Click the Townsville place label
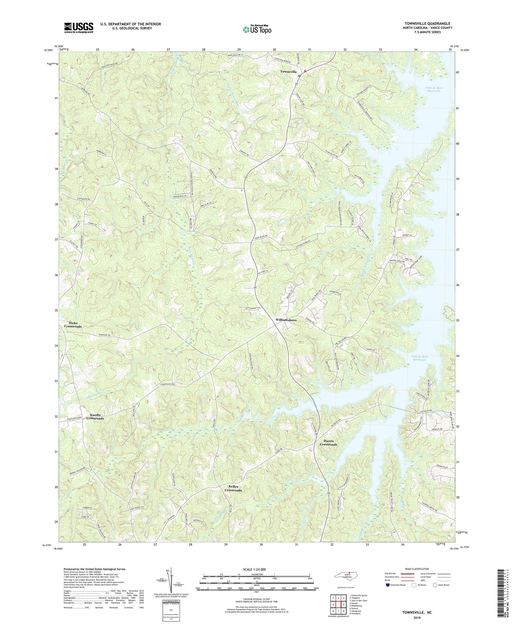tap(288, 71)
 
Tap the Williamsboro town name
tap(286, 320)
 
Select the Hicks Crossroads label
tap(73, 324)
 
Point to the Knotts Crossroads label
tap(95, 416)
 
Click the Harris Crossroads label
tap(328, 442)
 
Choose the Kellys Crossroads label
tap(233, 488)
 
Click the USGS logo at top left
tap(79, 28)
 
